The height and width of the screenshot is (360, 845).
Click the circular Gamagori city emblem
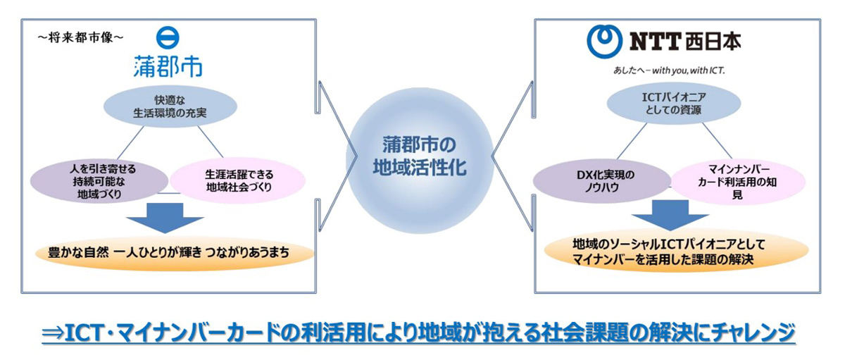click(x=168, y=38)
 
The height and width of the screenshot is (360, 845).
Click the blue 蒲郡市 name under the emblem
click(x=168, y=66)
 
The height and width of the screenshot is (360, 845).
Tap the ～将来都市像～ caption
click(x=80, y=37)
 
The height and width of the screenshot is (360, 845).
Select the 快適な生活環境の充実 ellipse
click(x=170, y=106)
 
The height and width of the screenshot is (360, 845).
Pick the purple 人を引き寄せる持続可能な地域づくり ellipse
click(x=99, y=181)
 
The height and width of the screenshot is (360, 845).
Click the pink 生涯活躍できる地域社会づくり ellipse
click(x=238, y=181)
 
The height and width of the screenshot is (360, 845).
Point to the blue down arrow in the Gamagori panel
click(x=165, y=218)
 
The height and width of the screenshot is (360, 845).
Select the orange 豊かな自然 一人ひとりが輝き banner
click(x=175, y=252)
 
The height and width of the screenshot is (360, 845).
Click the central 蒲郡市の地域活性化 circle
click(x=420, y=161)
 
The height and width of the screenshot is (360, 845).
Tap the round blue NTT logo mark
click(x=604, y=42)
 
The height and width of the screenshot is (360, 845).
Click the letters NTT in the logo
click(x=656, y=42)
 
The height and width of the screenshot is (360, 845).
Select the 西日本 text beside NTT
click(x=713, y=42)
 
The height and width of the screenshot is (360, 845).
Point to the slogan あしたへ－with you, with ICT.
click(x=669, y=70)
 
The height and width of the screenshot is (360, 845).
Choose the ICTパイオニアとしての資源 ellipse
click(x=674, y=104)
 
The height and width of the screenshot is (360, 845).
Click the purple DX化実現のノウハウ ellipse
click(x=602, y=181)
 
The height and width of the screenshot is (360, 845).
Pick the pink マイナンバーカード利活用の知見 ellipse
click(x=738, y=182)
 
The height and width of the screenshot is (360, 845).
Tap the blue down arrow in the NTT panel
click(x=670, y=215)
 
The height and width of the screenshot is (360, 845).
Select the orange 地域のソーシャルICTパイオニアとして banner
click(x=677, y=251)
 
